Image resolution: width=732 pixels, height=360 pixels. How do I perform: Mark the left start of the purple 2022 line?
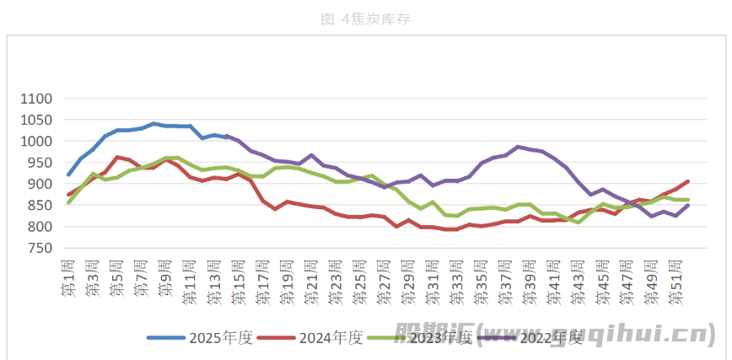[x=227, y=136]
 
